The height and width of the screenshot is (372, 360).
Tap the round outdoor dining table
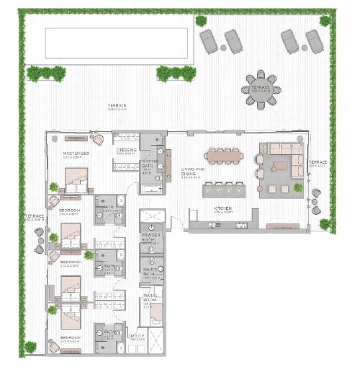[x=261, y=89]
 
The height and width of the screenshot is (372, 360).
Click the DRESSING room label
[x=127, y=151]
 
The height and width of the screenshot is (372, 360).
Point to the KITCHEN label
[x=221, y=210]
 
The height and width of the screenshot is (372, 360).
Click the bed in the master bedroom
[x=76, y=178]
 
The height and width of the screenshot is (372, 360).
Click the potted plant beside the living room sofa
[x=298, y=187]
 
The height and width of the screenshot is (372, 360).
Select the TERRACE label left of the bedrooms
[x=36, y=216]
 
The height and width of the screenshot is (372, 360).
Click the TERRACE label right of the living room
[x=318, y=163]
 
